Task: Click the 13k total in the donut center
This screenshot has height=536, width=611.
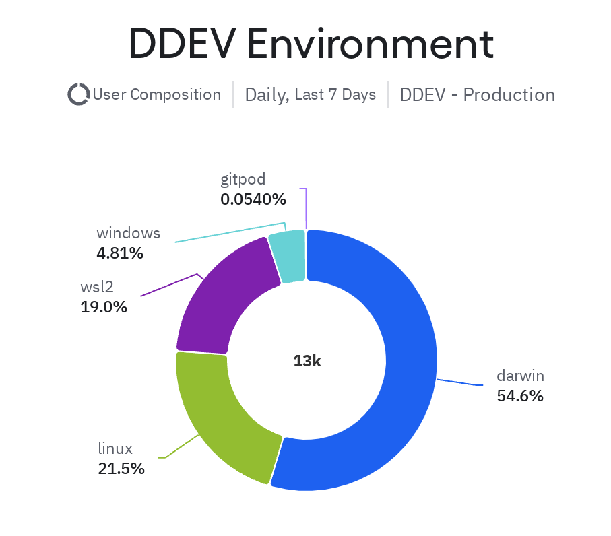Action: [x=307, y=361]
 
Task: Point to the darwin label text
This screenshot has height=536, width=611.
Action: [x=520, y=376]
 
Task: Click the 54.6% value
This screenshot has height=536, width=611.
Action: [x=520, y=396]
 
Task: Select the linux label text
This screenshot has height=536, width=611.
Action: [x=115, y=448]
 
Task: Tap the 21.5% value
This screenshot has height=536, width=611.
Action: [x=121, y=469]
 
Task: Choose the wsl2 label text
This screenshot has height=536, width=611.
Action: [x=98, y=287]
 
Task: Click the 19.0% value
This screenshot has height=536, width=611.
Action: [x=103, y=307]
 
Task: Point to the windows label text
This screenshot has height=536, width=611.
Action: [x=128, y=233]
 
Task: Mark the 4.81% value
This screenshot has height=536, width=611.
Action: [x=120, y=253]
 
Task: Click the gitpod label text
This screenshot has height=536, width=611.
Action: [x=243, y=179]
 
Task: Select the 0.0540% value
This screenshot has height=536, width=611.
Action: [x=253, y=199]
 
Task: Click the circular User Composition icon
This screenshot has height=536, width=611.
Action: [x=79, y=94]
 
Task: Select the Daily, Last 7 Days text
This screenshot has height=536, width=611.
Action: [x=310, y=94]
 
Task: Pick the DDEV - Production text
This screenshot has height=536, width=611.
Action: [x=477, y=94]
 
